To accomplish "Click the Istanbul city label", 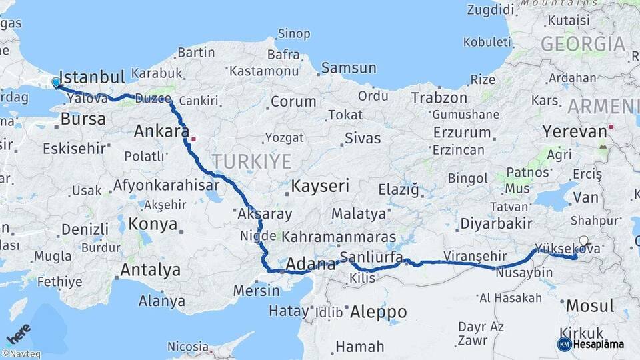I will click(x=92, y=75).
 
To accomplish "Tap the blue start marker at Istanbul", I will click(x=56, y=83).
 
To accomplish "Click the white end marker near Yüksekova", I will click(x=584, y=241).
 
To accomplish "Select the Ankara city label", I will click(x=162, y=131).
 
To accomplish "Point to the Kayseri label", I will click(x=319, y=186).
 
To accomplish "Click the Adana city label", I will click(x=311, y=265).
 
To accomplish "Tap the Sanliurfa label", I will click(x=371, y=257).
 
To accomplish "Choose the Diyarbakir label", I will click(x=497, y=223).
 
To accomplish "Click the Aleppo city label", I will click(x=378, y=311).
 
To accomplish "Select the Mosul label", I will click(x=589, y=306).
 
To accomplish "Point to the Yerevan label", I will click(x=575, y=132).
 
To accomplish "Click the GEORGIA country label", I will click(x=583, y=45).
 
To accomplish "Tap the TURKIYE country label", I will click(x=252, y=161).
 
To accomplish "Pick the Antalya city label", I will click(x=150, y=270).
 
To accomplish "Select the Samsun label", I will click(x=349, y=68).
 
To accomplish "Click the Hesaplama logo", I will click(x=591, y=344).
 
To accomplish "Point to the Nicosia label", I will click(x=188, y=347).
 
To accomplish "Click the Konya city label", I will click(x=153, y=223).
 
